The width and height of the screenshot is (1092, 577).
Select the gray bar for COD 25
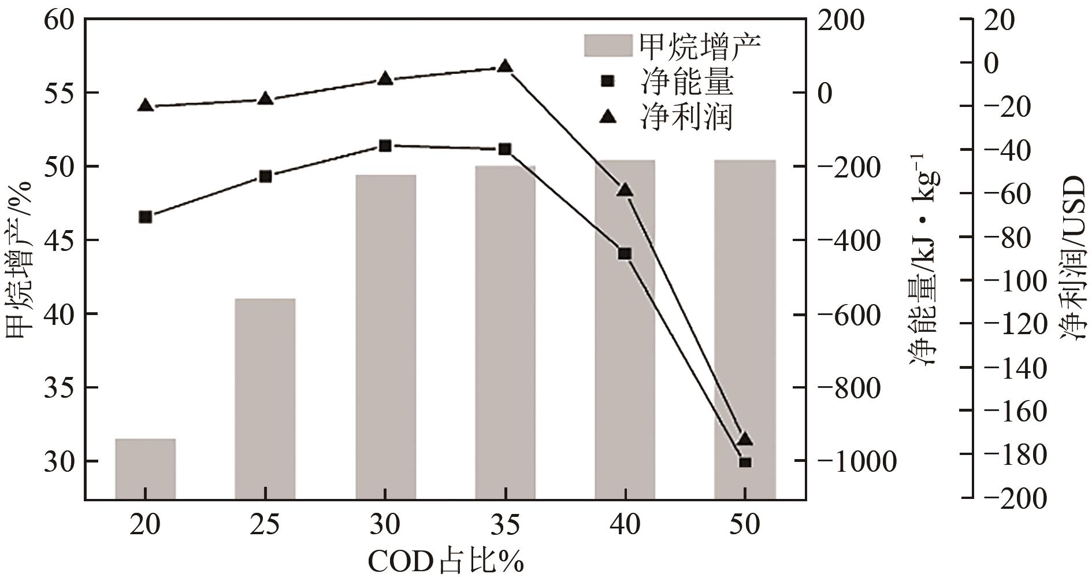coord(265,399)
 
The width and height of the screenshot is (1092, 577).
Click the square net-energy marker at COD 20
coord(146,217)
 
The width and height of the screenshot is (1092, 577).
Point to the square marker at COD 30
coord(385,146)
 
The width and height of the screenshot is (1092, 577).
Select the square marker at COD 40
coord(625,253)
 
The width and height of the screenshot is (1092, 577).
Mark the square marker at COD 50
coord(745,462)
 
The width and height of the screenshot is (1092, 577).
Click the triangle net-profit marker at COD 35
coord(505,66)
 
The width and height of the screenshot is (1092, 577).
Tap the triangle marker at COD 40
coord(625,190)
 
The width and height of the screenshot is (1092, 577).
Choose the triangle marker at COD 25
coord(265,98)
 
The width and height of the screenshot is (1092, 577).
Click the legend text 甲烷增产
coord(699,45)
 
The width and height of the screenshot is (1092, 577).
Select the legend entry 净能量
coord(687,82)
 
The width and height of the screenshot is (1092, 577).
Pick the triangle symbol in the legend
coord(608,117)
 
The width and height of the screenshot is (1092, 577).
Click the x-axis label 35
coord(505,526)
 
